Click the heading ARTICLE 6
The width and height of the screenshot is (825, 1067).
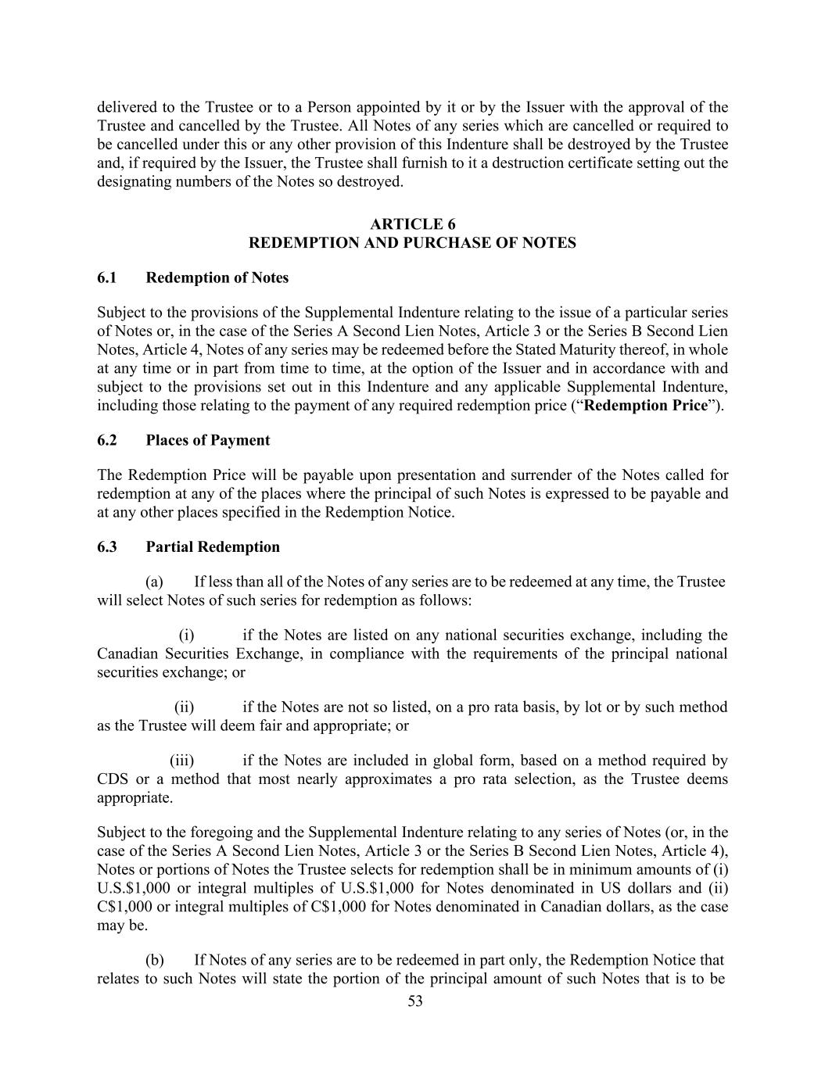point(412,224)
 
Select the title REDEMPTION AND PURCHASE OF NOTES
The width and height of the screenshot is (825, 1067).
point(412,243)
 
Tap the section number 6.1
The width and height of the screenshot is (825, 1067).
point(107,278)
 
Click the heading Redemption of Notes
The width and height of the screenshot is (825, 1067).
point(217,278)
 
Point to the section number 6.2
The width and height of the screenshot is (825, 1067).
point(107,441)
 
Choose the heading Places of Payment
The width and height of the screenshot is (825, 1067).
point(207,441)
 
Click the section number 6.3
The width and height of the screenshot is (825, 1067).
point(107,547)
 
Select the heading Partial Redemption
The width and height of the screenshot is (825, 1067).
point(212,547)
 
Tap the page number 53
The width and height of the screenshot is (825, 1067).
point(414,1002)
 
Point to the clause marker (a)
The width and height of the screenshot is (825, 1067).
point(154,582)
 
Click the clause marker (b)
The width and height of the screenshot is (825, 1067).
point(154,961)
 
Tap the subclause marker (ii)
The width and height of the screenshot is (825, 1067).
point(184,707)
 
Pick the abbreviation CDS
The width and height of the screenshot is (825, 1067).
point(113,779)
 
